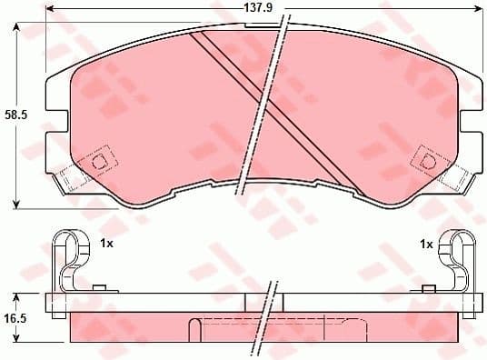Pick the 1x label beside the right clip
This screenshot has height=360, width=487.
point(425,244)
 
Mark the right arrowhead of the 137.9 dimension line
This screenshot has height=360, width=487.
point(476,8)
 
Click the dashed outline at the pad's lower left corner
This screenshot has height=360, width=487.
point(73,177)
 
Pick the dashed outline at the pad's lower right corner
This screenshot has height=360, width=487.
point(452,177)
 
